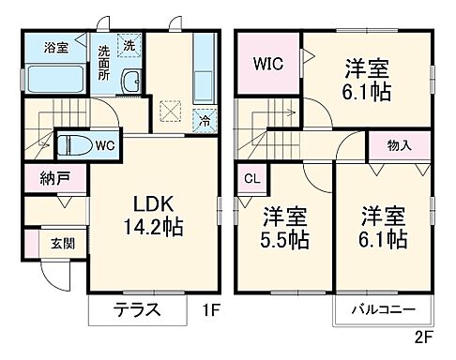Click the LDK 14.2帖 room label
coord(150,214)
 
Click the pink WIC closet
coord(267,64)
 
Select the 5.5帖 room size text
coord(283,238)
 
